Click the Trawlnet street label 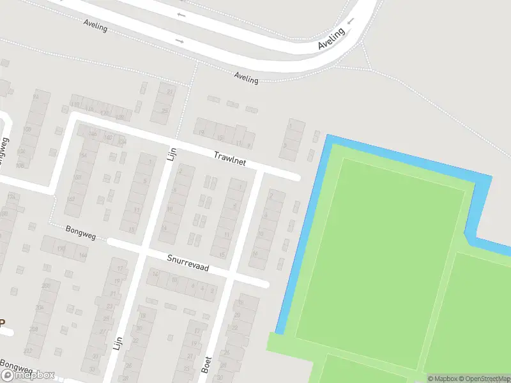click(230, 158)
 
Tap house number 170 click(61, 249)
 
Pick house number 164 click(82, 255)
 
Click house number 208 click(33, 329)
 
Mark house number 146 click(92, 134)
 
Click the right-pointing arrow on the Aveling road click(179, 41)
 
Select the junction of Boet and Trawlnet click(260, 170)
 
